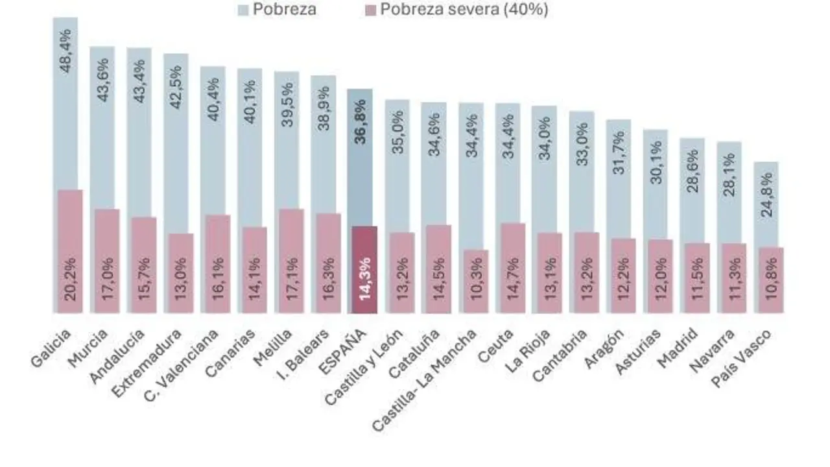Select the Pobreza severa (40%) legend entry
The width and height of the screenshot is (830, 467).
click(x=454, y=10)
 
